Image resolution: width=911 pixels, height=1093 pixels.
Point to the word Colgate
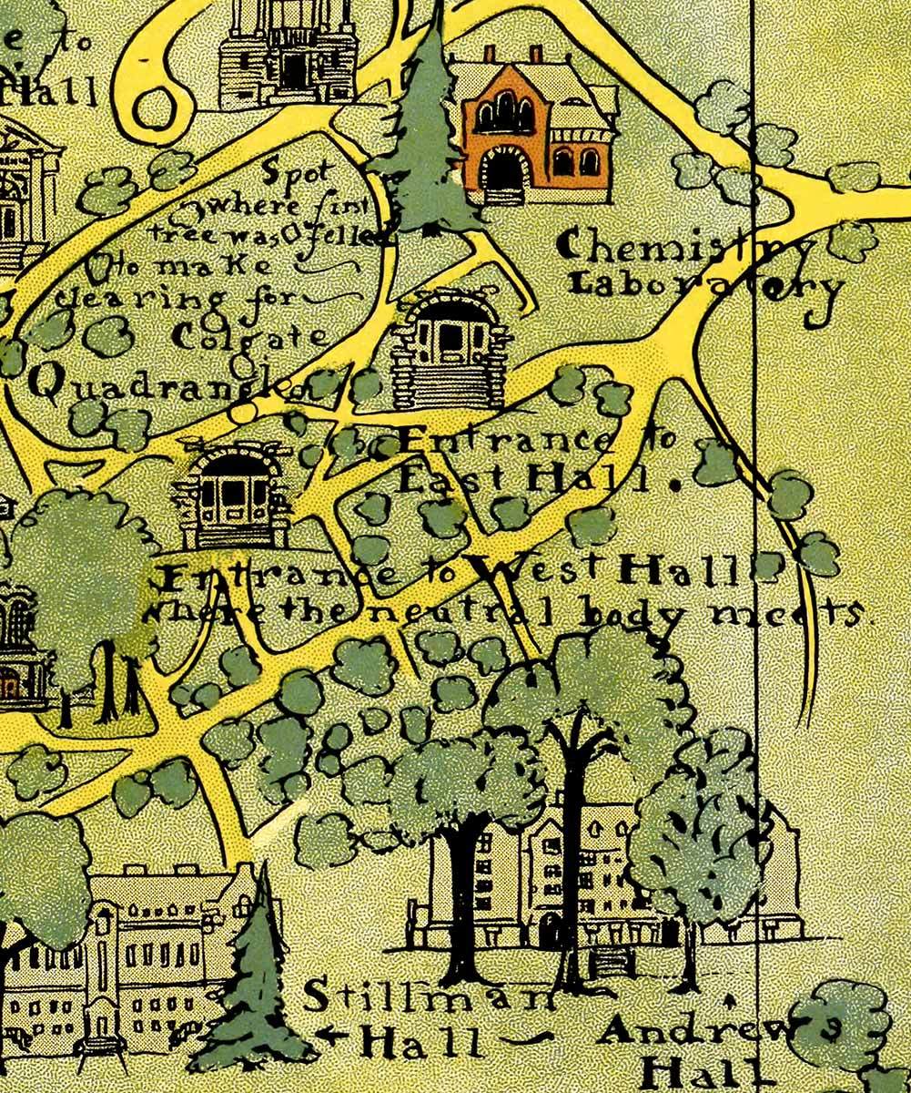coord(248,336)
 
